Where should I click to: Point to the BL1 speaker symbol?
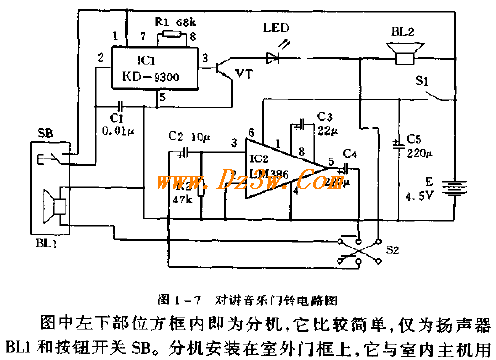tap(55, 207)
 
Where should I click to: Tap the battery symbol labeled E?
tap(452, 183)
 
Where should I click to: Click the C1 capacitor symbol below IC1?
tap(119, 104)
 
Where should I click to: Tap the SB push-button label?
tap(45, 133)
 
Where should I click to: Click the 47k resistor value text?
tap(181, 200)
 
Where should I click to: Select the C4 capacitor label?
tap(350, 154)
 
